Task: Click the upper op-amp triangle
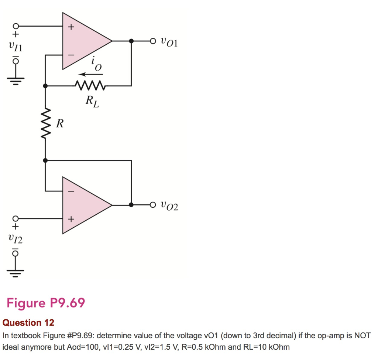point(83,41)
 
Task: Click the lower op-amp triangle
point(83,205)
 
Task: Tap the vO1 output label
point(169,42)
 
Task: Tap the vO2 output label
point(169,206)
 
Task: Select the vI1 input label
point(15,47)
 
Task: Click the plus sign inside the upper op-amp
point(72,27)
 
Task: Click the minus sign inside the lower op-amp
point(72,191)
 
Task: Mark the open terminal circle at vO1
point(153,41)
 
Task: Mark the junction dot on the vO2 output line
point(131,205)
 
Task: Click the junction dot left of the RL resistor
point(45,86)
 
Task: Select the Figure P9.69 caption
point(46,303)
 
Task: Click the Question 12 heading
point(28,323)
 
